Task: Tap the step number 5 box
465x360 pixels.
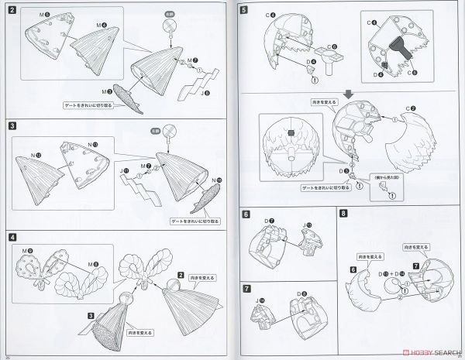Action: coord(245,10)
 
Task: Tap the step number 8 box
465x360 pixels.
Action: coord(344,214)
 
